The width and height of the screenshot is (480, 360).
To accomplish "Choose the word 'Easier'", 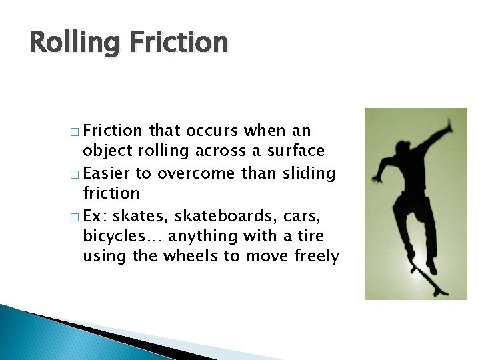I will coord(107,173).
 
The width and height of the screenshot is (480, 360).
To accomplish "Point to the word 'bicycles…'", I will coord(122,237).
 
